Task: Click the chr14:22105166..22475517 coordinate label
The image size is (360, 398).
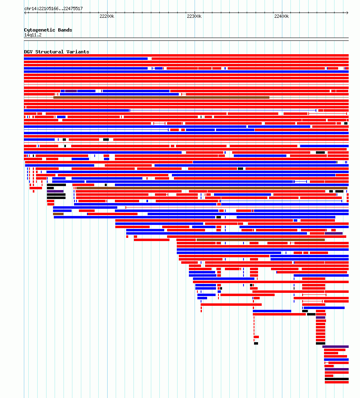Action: pos(53,8)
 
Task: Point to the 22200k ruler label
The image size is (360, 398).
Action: pos(107,16)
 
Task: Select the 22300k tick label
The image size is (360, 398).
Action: pos(194,16)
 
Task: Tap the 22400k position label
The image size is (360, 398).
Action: pos(282,16)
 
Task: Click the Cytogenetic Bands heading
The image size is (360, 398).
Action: pos(48,30)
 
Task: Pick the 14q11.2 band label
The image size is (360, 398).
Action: pos(33,35)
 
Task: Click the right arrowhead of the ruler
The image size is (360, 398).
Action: pos(347,13)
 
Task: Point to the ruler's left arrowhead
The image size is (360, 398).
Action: pos(25,13)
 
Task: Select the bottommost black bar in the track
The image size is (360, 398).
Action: pos(337,379)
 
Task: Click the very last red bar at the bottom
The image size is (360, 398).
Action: pos(337,382)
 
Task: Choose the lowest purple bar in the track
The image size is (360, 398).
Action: pos(337,369)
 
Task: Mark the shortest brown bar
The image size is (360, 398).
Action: pos(58,214)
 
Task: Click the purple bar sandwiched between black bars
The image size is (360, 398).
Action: pos(55,191)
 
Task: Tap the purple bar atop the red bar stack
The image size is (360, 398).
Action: pos(320,318)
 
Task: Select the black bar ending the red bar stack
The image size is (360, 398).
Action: pos(320,343)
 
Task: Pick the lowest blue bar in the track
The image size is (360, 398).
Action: pos(336,360)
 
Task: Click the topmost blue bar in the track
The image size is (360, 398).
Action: pos(86,59)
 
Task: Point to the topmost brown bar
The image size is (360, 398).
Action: pos(161,97)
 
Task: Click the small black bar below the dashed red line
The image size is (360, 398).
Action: pos(256,343)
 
